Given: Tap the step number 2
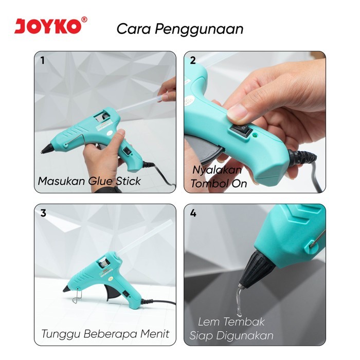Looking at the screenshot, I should click(x=193, y=60).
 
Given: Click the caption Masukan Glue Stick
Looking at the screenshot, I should click(x=89, y=181).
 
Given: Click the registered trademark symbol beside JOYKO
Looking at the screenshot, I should click(x=84, y=20).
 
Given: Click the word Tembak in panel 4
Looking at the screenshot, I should click(x=247, y=322).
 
